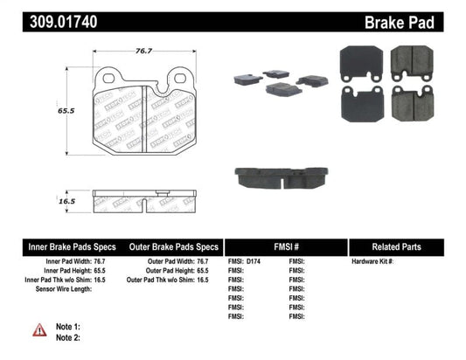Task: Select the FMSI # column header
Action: pyautogui.click(x=286, y=246)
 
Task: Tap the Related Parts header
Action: pyautogui.click(x=406, y=246)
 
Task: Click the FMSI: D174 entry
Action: pyautogui.click(x=247, y=262)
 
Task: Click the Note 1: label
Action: pyautogui.click(x=67, y=326)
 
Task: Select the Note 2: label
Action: pyautogui.click(x=67, y=337)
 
